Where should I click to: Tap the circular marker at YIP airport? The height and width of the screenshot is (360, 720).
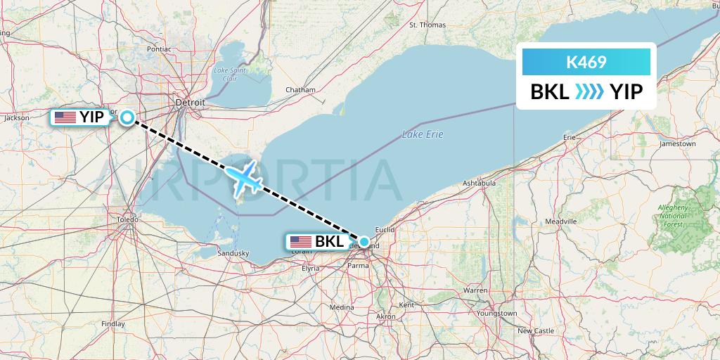(x=127, y=117)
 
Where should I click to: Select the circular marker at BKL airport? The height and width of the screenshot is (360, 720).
(x=364, y=242)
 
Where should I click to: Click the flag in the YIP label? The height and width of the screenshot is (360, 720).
(x=65, y=117)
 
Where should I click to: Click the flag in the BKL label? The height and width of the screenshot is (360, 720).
(x=300, y=242)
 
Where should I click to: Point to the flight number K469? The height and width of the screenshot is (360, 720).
(x=586, y=63)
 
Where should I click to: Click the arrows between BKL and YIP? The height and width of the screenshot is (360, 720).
(x=589, y=91)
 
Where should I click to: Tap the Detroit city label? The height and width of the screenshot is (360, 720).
(x=190, y=103)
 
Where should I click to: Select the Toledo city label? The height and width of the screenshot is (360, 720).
(x=127, y=219)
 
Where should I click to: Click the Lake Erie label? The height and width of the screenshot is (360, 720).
(x=423, y=134)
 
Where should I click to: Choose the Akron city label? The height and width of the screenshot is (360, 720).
(x=386, y=317)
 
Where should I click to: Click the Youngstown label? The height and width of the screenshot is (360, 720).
(x=496, y=313)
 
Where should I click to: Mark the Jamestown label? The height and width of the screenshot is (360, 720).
(x=677, y=144)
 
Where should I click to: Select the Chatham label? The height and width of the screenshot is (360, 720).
(x=300, y=90)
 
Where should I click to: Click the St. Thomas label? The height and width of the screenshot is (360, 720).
(x=427, y=25)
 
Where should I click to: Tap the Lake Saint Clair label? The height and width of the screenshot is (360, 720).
(x=231, y=74)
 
